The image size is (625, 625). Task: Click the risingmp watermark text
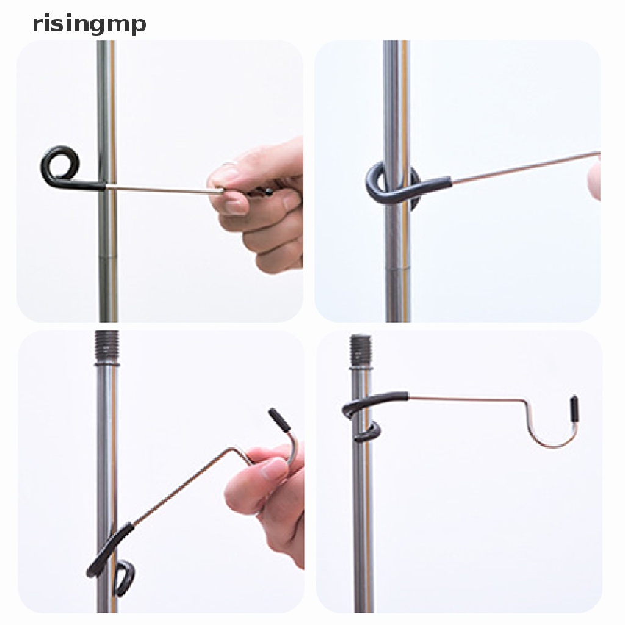89,24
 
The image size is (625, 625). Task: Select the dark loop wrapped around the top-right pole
391,186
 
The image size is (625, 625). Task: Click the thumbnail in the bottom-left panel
272,470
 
